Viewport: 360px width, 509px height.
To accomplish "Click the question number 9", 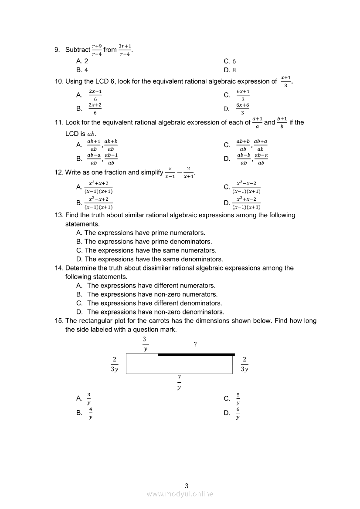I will pyautogui.click(x=57, y=50).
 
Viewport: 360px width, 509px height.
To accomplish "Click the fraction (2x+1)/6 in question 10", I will pyautogui.click(x=95, y=95).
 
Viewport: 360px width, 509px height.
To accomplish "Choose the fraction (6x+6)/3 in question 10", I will pyautogui.click(x=243, y=109).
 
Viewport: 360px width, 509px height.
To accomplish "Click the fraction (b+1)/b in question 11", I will pyautogui.click(x=282, y=122).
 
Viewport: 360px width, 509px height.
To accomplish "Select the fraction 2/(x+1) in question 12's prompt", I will pyautogui.click(x=188, y=172).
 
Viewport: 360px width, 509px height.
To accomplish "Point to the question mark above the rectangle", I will pyautogui.click(x=195, y=344).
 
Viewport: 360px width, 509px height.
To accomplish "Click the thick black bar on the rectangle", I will pyautogui.click(x=196, y=355).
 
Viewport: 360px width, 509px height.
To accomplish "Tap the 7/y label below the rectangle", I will pyautogui.click(x=179, y=382).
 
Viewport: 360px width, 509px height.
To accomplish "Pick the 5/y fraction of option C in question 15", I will pyautogui.click(x=238, y=399).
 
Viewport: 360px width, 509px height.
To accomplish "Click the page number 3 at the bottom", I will pyautogui.click(x=187, y=486).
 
